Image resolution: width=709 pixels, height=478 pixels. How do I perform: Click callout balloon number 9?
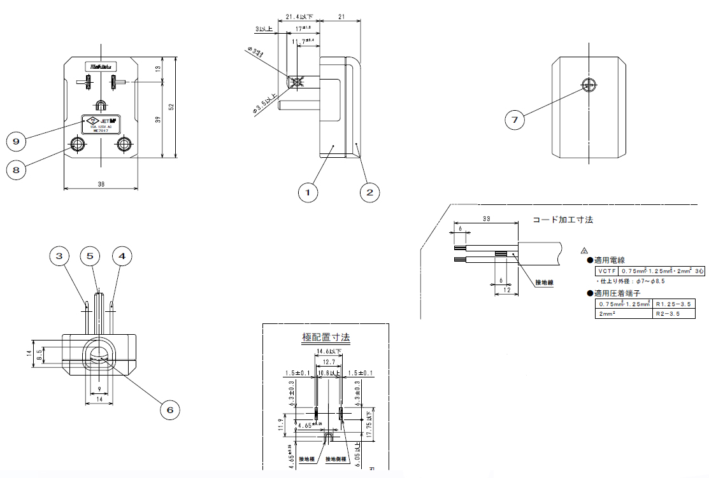tap(17, 140)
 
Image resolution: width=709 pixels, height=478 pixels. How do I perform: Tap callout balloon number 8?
tap(17, 169)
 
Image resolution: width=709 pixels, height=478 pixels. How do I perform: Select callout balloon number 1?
tap(308, 192)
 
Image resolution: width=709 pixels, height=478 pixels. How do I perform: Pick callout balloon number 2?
tap(369, 192)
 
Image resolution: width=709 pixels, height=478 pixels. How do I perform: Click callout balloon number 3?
tap(60, 256)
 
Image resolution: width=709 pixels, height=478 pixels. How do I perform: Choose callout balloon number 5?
tap(90, 256)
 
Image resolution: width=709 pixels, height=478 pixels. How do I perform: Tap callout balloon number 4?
tap(122, 256)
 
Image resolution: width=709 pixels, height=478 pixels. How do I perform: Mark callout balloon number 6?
tap(169, 409)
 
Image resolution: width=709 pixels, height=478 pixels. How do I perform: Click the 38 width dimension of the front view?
tap(101, 184)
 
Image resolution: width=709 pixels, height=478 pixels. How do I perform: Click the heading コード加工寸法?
tap(562, 220)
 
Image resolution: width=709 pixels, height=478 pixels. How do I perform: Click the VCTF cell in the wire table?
tap(604, 271)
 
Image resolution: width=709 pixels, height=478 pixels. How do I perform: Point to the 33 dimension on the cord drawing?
tap(485, 218)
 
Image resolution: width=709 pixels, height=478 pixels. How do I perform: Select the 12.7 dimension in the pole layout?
tap(329, 361)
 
